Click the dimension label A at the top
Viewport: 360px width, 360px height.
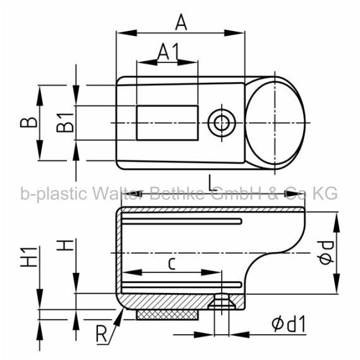(181, 22)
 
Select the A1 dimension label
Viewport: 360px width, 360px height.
(168, 52)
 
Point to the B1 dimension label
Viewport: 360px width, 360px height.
(65, 123)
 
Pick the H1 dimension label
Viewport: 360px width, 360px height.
(28, 257)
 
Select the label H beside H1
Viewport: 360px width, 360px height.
(65, 245)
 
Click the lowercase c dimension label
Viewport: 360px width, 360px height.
(172, 263)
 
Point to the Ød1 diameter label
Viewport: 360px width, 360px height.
(289, 324)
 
